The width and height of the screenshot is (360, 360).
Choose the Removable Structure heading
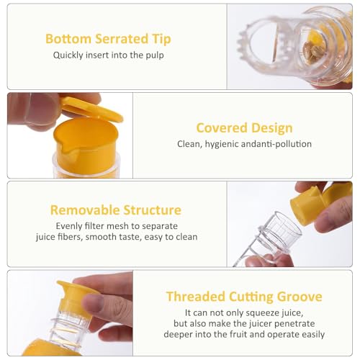coord(115,210)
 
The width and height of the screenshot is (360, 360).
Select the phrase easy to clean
coord(170,236)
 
